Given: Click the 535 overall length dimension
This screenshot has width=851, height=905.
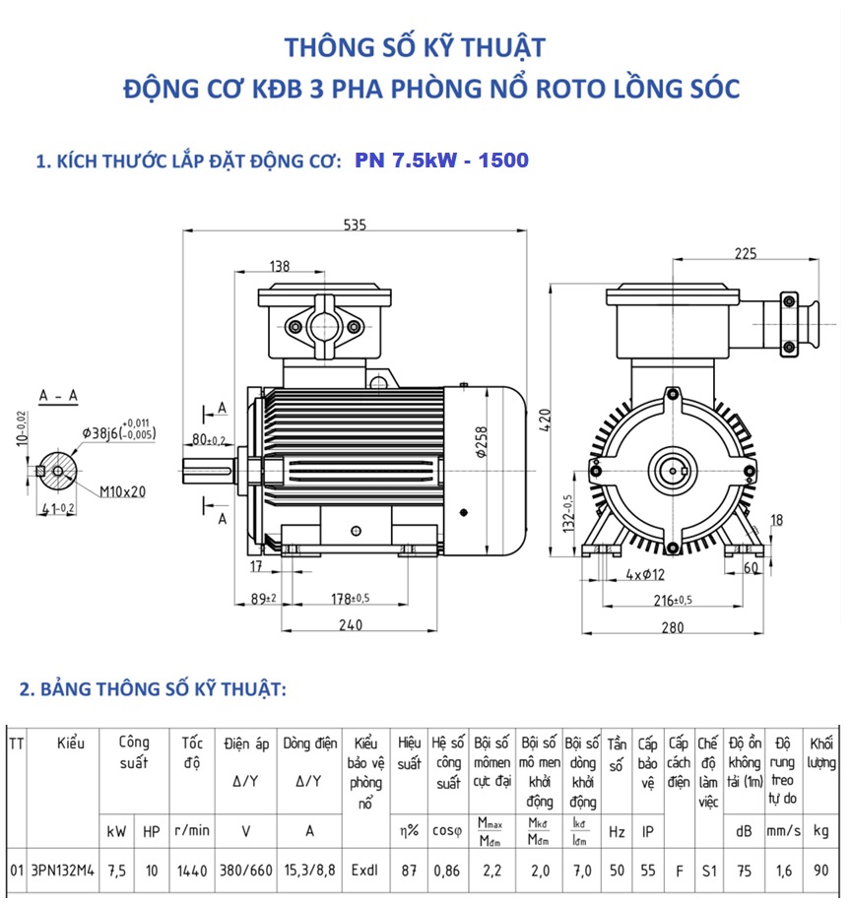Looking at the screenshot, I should pyautogui.click(x=355, y=225).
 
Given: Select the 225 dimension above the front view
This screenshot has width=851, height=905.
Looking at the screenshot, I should pyautogui.click(x=745, y=253).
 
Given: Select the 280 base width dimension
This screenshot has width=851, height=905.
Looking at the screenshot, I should pyautogui.click(x=699, y=627).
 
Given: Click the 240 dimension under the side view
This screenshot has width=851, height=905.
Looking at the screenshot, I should pyautogui.click(x=351, y=624).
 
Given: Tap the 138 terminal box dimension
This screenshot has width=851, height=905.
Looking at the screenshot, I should pyautogui.click(x=279, y=266).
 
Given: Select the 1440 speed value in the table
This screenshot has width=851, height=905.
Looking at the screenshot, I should pyautogui.click(x=192, y=872).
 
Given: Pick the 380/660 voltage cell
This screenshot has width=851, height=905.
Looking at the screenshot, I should pyautogui.click(x=245, y=872).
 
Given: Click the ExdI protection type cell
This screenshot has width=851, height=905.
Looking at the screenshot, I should pyautogui.click(x=364, y=872).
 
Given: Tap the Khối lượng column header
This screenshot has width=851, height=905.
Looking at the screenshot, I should pyautogui.click(x=821, y=753).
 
